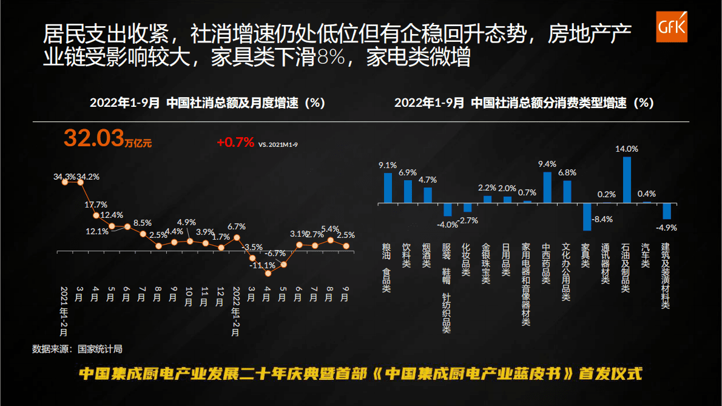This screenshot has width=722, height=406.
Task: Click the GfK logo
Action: point(672,27)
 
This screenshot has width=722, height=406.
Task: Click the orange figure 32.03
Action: point(94,138)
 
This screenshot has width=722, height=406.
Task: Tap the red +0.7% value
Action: point(235,143)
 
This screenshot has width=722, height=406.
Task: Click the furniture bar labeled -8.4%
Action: point(587,217)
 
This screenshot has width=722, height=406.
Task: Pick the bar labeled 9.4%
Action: point(547,187)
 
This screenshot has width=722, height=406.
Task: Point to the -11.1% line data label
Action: point(263,265)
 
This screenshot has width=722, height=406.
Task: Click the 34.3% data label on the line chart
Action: point(64,177)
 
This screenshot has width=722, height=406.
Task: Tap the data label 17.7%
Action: point(96,205)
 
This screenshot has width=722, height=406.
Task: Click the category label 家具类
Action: point(585,255)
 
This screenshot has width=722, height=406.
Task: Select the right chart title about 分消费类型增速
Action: point(524,103)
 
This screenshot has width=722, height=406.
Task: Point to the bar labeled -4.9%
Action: point(667,211)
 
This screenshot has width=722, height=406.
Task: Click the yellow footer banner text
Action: point(360,373)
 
